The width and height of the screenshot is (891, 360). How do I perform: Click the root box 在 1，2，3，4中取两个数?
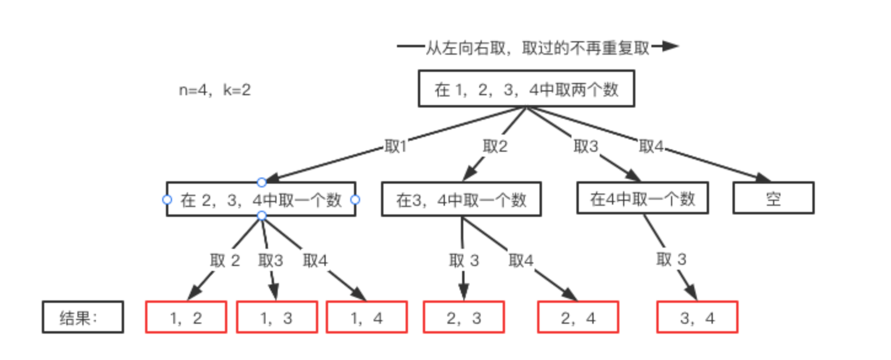[525, 90]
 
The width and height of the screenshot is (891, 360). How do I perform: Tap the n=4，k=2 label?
[215, 90]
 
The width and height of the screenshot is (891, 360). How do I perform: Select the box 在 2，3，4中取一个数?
[261, 200]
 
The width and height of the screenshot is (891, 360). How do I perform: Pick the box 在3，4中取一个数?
[461, 200]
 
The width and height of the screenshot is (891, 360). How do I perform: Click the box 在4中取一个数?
[642, 198]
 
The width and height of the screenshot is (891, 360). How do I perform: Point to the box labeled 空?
[773, 198]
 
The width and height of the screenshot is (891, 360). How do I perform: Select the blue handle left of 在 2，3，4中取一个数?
[167, 200]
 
